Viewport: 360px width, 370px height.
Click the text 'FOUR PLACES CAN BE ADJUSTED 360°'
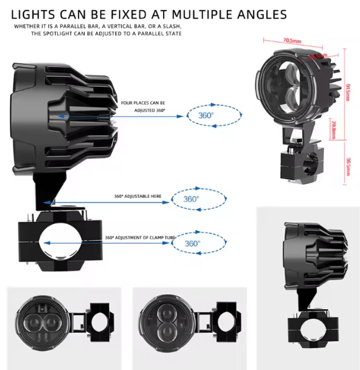point(144,106)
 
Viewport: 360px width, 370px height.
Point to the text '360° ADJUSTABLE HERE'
point(137,196)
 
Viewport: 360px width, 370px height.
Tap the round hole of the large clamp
point(61,243)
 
